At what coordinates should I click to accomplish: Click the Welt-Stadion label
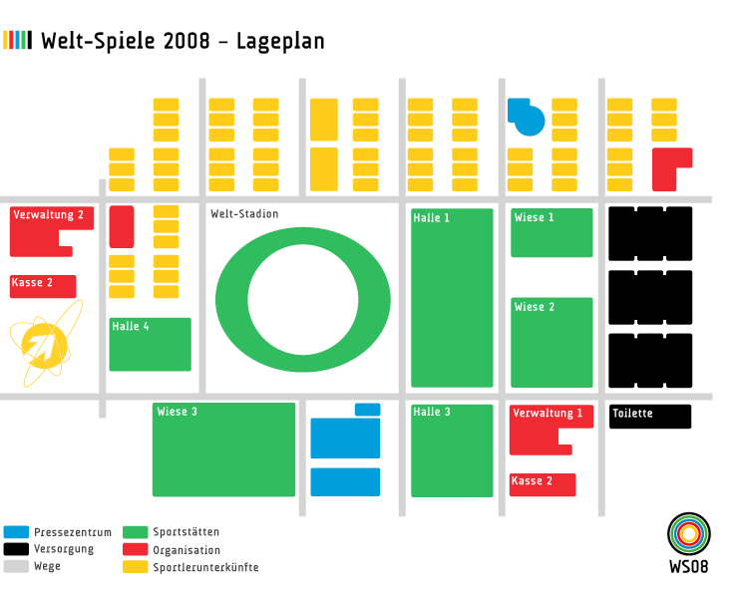(244, 214)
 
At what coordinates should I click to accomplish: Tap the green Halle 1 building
(452, 299)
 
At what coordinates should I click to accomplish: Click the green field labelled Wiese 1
(552, 234)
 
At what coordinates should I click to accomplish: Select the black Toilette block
(650, 416)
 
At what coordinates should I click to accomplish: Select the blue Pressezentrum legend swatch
(16, 532)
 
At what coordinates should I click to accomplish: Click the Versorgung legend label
(64, 549)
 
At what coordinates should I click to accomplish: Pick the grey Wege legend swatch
(16, 566)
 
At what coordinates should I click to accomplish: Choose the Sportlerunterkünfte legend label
(205, 567)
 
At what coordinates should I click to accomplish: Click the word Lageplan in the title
(280, 41)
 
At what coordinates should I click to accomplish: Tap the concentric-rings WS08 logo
(688, 535)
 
